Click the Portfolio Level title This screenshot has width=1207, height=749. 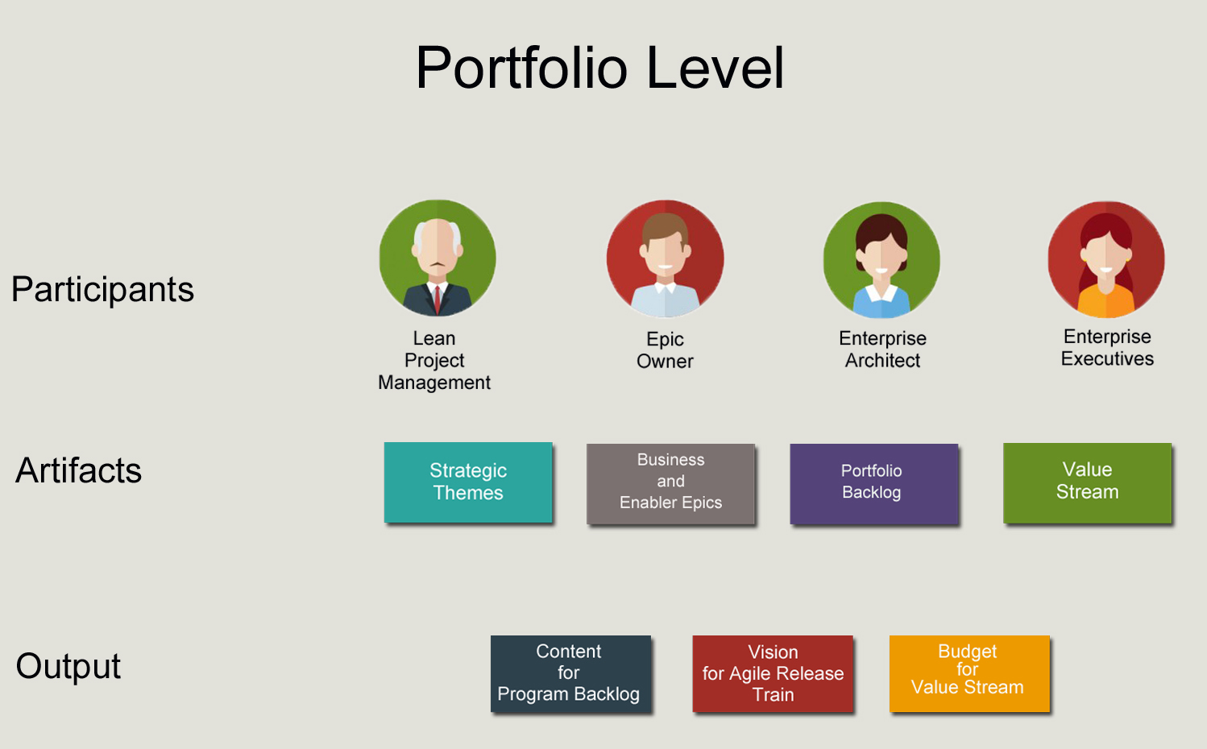tap(599, 68)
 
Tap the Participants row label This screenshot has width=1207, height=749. tap(102, 289)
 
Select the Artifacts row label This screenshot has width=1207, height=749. tap(78, 470)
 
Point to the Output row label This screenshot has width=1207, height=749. tap(68, 666)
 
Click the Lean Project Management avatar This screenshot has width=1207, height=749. tap(438, 258)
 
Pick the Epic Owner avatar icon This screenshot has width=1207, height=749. tap(666, 259)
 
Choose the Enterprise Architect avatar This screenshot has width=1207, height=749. tap(881, 259)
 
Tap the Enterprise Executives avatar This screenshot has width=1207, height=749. tap(1106, 259)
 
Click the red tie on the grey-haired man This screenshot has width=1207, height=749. tap(438, 298)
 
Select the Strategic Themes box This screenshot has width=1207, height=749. tap(468, 482)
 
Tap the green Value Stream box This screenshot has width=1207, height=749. tap(1087, 482)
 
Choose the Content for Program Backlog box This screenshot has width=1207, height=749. tap(570, 673)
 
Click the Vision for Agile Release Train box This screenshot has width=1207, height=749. tap(773, 673)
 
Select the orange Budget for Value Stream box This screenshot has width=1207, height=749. tap(969, 672)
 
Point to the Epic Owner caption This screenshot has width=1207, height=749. tap(665, 350)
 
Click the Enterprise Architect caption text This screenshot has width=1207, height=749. tap(882, 350)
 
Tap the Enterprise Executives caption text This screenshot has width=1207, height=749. tap(1107, 348)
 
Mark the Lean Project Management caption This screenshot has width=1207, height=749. tap(434, 360)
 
